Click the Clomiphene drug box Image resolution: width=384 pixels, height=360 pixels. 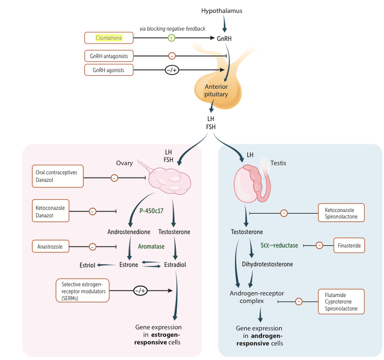click(109, 38)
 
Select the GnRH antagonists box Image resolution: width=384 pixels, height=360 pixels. click(109, 56)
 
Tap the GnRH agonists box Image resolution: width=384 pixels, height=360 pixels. click(109, 70)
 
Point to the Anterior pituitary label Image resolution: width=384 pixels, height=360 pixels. click(216, 90)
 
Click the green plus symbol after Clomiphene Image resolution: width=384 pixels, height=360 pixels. click(172, 38)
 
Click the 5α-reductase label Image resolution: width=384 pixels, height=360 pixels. click(279, 245)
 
